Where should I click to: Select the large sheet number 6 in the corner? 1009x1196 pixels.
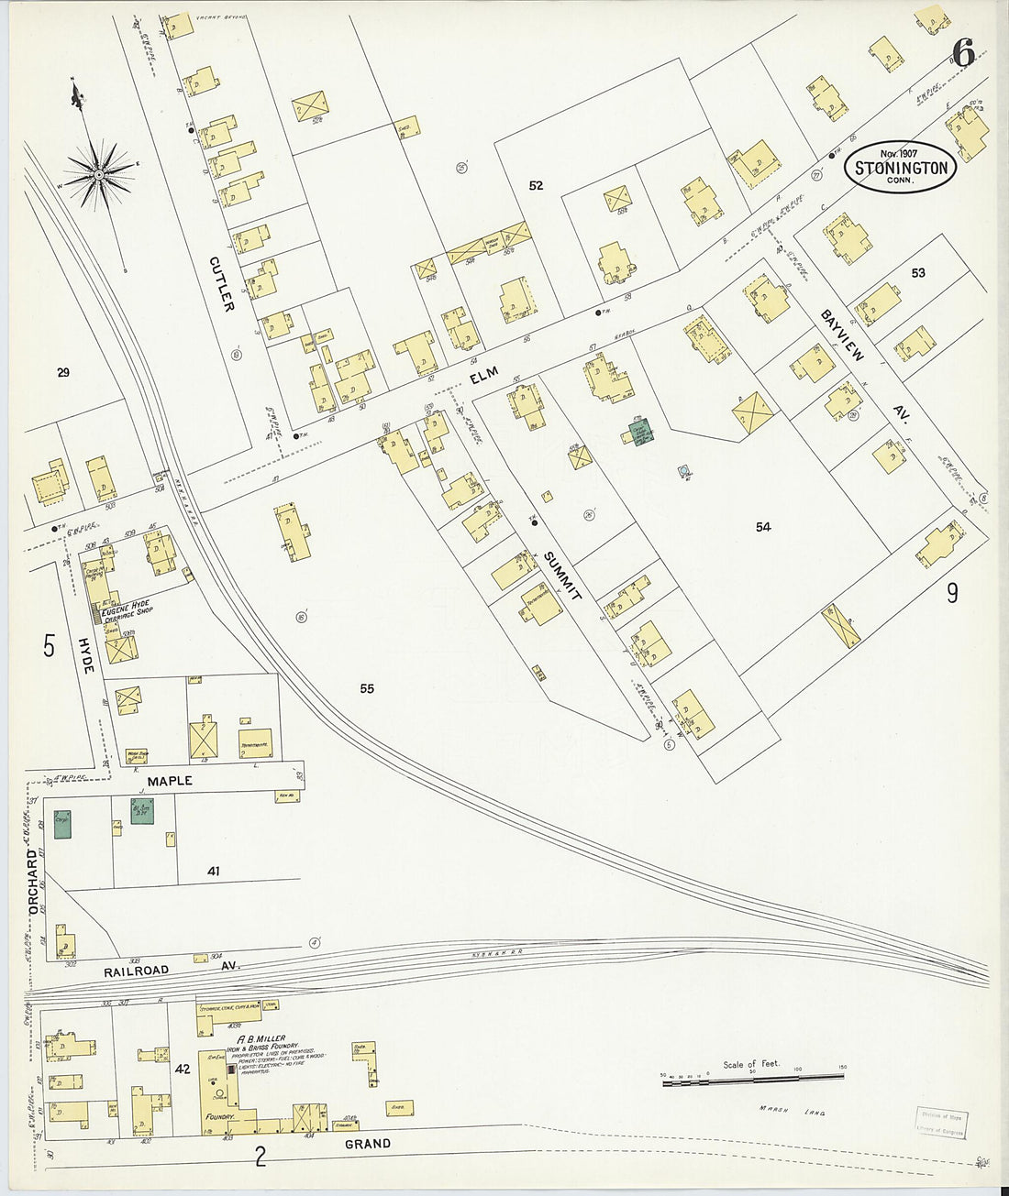962,54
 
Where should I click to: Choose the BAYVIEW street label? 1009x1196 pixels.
841,335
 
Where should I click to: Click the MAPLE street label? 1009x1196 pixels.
170,780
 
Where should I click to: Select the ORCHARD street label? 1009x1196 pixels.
34,883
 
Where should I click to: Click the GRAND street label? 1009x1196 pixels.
367,1144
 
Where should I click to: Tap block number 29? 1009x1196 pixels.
62,372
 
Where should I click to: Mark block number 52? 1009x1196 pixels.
536,185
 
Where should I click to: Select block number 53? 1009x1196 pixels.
918,272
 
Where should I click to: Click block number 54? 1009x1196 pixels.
763,526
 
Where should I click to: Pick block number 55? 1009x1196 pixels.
367,688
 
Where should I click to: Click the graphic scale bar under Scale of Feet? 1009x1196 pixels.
751,1084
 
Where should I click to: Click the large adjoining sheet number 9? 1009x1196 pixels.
952,593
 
